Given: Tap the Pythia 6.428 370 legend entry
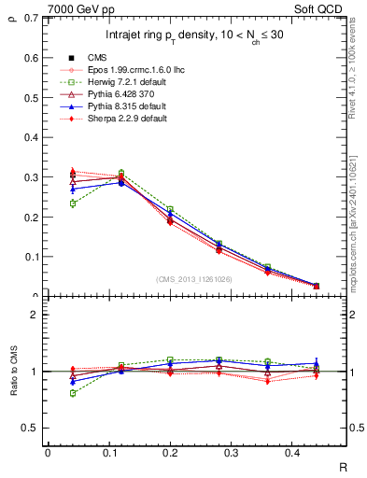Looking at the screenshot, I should coord(117,94).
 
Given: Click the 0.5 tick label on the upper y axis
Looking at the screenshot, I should coord(31,98).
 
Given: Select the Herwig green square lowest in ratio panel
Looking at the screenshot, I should coord(73,393).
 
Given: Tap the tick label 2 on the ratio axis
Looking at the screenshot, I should coord(35,315).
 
